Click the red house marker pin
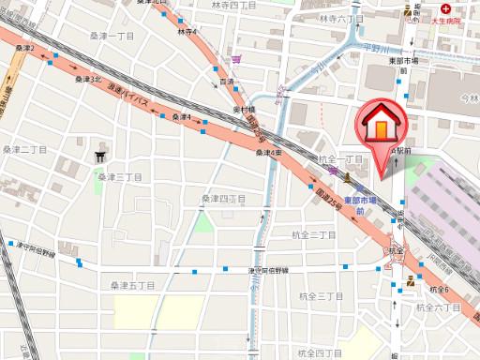[380, 127]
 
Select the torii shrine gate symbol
[101, 157]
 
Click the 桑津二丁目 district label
[24, 148]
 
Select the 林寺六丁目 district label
[340, 18]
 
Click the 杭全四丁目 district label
[318, 352]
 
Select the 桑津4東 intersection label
[271, 153]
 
